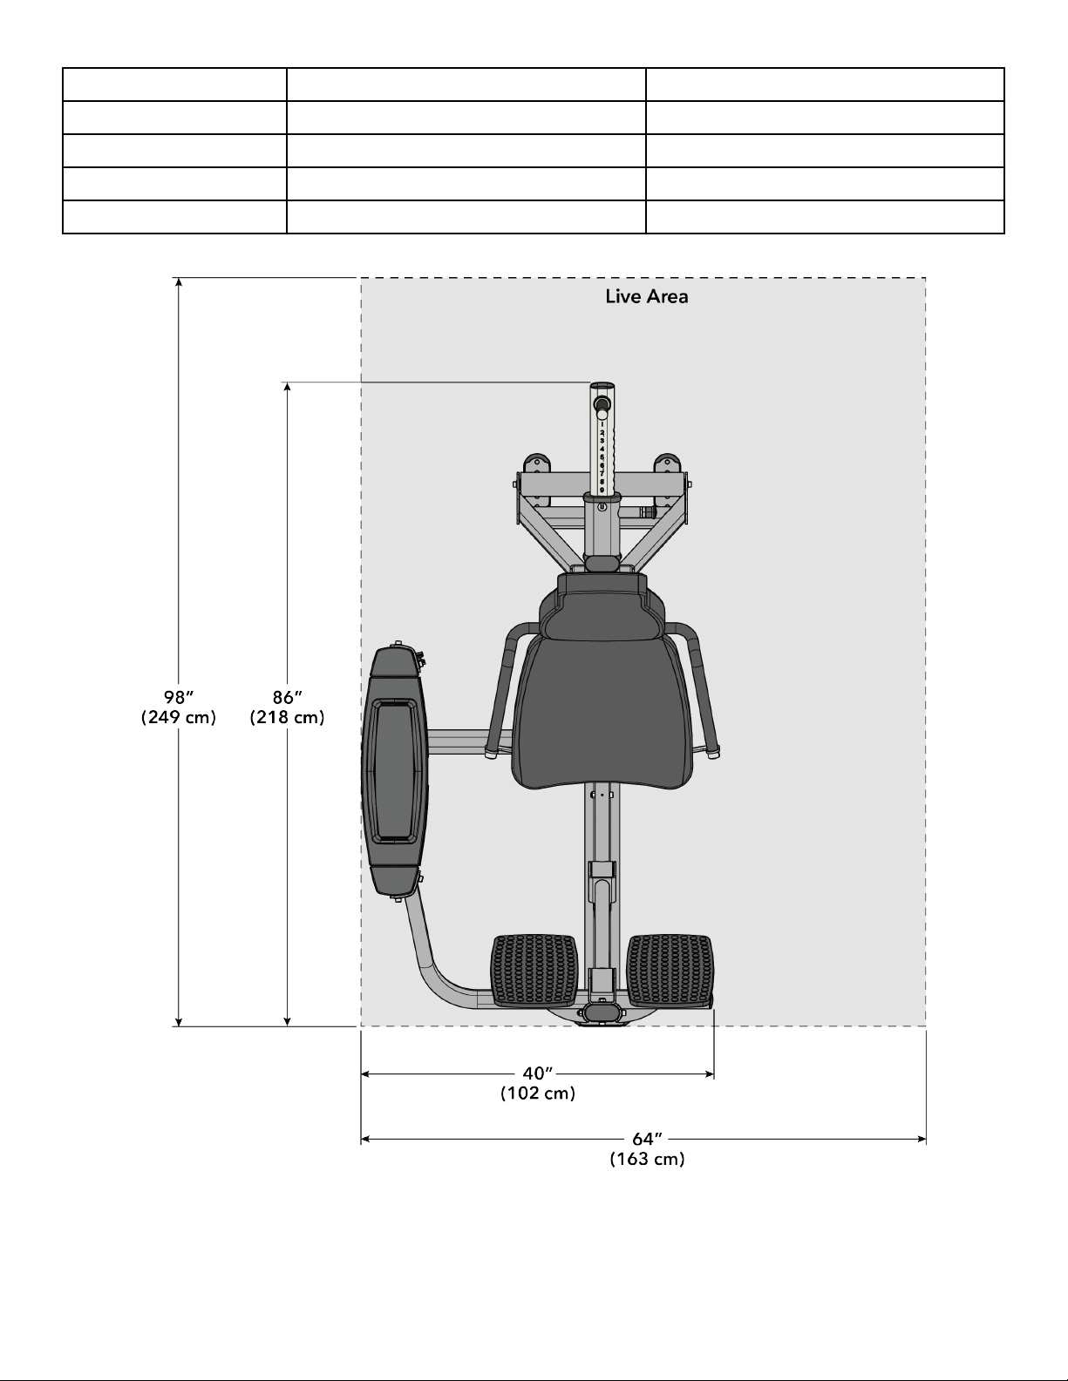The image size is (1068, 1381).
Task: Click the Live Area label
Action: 647,297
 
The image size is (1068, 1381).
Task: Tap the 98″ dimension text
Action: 179,697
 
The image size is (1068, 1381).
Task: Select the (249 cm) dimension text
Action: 179,717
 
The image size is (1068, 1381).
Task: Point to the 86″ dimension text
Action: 288,697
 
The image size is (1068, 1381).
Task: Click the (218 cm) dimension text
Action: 288,717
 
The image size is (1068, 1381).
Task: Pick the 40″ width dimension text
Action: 538,1073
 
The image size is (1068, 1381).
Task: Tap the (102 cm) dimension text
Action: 538,1093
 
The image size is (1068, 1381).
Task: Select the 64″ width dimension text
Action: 647,1139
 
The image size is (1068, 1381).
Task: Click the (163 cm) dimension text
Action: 647,1159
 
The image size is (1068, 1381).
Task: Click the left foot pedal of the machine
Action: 534,971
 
